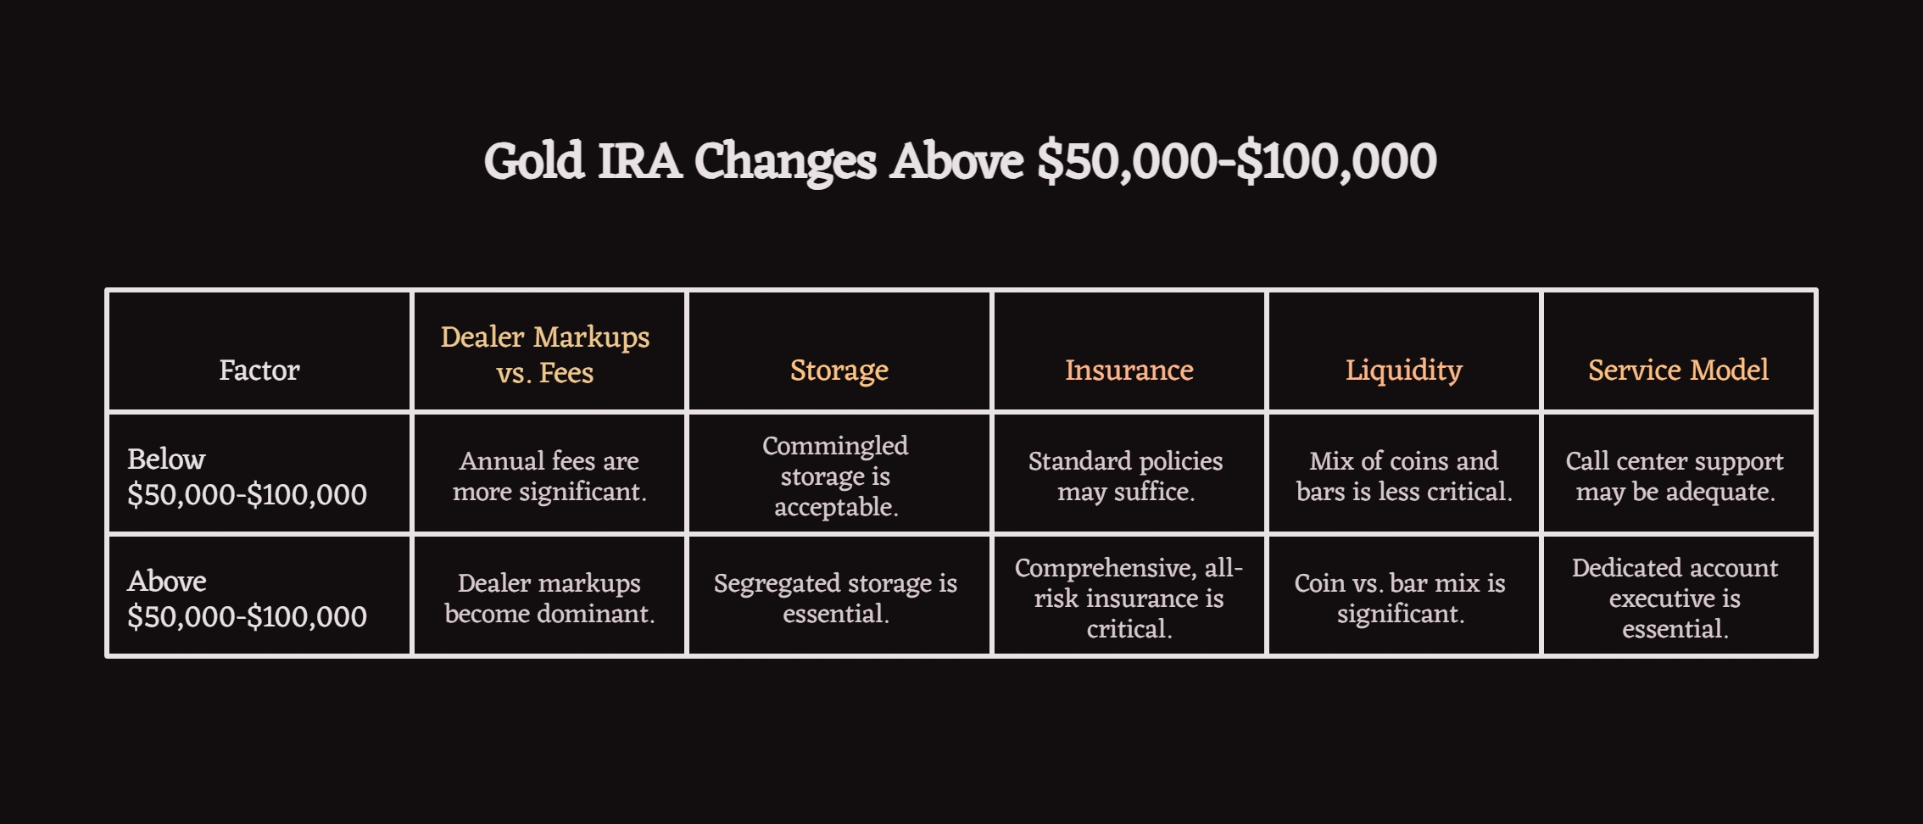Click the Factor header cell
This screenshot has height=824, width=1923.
click(259, 370)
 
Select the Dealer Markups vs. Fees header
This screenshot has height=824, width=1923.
click(545, 354)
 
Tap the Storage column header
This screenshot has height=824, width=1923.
click(839, 370)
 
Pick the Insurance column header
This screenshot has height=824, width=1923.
click(1129, 370)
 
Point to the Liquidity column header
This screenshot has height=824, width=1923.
click(1403, 370)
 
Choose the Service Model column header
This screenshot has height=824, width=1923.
click(1678, 370)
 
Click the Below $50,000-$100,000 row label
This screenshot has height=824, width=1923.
click(247, 476)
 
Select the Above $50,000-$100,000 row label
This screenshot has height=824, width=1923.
click(247, 599)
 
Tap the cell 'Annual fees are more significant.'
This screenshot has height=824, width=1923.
click(549, 476)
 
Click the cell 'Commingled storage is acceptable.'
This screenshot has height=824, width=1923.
click(835, 476)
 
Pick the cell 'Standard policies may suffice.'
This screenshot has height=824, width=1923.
click(1126, 476)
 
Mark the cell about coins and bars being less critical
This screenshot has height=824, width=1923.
click(1403, 476)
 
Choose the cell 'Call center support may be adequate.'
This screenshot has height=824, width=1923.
click(1675, 476)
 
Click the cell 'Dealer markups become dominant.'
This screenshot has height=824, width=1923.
click(549, 599)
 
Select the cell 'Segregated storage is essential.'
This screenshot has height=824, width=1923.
click(835, 599)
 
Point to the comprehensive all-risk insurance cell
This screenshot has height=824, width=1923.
click(1129, 599)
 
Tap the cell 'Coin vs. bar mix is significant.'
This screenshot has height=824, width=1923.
click(1400, 599)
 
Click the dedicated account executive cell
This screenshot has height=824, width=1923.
click(1675, 599)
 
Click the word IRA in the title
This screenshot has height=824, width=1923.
click(639, 161)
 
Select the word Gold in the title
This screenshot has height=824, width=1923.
click(534, 161)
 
